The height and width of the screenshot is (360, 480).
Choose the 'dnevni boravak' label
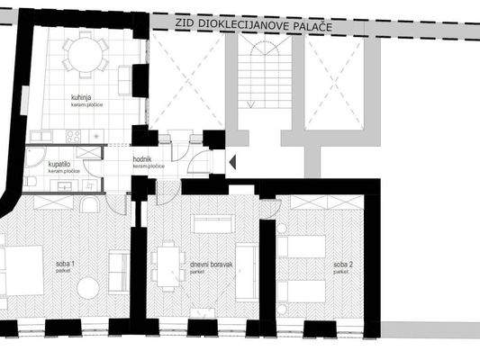(x=212, y=265)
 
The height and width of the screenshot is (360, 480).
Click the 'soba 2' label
(x=341, y=264)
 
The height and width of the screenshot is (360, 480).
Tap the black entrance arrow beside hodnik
(x=231, y=162)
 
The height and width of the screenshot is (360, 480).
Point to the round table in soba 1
(x=87, y=288)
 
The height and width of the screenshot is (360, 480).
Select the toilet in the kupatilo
(x=31, y=182)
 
